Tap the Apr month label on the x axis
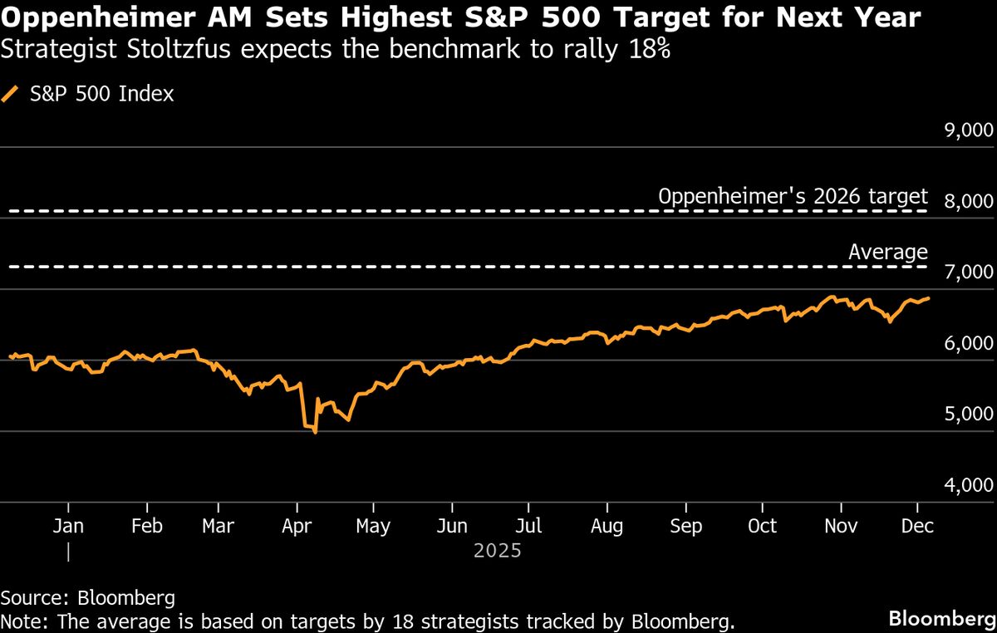tap(296, 527)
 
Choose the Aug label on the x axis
tap(607, 527)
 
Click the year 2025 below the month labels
tap(497, 550)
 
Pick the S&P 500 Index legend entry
tap(101, 94)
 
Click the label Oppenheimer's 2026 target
tap(792, 197)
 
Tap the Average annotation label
tap(887, 253)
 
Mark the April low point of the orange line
tap(315, 433)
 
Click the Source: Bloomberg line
tap(87, 597)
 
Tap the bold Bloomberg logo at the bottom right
tap(941, 618)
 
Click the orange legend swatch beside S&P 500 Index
tap(10, 94)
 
